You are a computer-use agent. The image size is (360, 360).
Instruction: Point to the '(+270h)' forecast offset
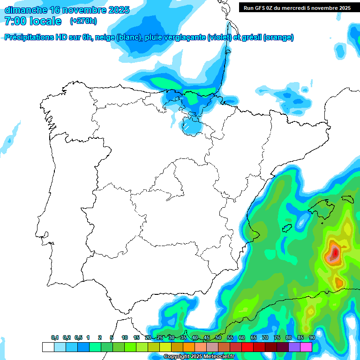83,21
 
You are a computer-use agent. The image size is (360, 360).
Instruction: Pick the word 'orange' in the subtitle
279,37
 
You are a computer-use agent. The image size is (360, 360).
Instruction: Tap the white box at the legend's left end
48,347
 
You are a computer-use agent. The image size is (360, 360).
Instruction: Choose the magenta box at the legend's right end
306,347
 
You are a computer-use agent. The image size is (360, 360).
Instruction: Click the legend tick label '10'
124,337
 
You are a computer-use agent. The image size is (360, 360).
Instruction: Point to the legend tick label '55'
230,337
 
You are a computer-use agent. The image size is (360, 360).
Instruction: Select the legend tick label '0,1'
55,337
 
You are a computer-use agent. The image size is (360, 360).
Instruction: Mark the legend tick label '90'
312,337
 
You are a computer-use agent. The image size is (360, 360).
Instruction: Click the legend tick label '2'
100,337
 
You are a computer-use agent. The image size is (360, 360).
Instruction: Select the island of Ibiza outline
287,228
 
